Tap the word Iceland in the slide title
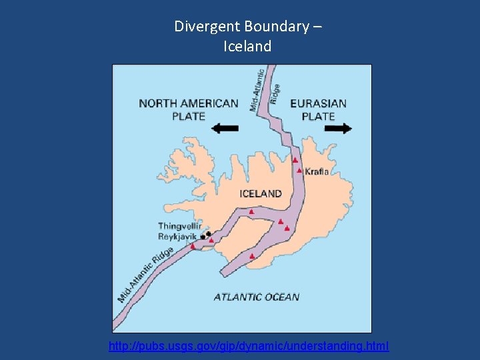click(248, 47)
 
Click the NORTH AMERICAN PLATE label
click(188, 109)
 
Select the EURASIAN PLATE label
click(318, 109)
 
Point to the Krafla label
click(317, 171)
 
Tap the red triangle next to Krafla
click(299, 171)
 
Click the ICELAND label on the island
click(260, 194)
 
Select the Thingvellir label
click(179, 227)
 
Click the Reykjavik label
click(178, 237)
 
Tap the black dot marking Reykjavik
click(203, 237)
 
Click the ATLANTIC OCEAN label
click(257, 297)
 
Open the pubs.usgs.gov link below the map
click(249, 347)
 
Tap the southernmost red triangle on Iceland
click(251, 256)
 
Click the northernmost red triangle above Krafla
click(295, 160)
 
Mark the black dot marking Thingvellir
click(209, 233)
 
